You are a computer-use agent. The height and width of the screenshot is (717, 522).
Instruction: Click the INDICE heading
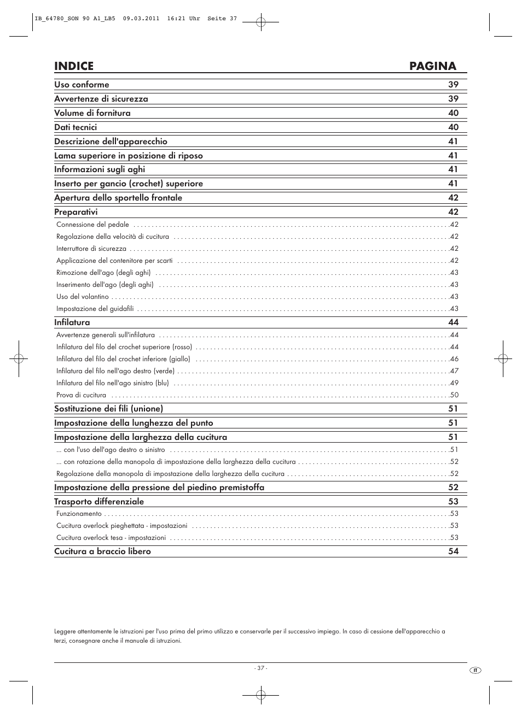tap(74, 66)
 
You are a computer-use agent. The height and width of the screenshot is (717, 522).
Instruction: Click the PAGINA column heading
tap(432, 66)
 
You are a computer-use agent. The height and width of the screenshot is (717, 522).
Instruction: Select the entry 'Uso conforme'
tap(82, 85)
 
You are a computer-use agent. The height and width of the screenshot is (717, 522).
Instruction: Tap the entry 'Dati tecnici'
tap(76, 127)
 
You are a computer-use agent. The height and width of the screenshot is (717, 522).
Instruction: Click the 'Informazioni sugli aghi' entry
tap(100, 169)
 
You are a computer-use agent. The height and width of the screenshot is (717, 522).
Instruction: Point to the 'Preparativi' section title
tap(76, 212)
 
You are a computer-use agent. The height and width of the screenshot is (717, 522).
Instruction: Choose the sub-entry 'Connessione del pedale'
tap(92, 225)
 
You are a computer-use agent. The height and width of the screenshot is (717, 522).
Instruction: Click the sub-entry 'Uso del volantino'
tap(83, 297)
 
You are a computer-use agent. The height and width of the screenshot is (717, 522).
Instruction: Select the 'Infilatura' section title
tap(72, 322)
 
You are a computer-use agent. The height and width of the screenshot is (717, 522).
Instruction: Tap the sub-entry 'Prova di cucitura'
tap(81, 395)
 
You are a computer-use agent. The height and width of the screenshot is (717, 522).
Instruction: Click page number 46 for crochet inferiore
tap(454, 359)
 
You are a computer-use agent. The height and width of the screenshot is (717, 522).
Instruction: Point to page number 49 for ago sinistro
tap(454, 383)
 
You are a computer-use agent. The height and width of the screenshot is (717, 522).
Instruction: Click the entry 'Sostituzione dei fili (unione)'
tap(108, 409)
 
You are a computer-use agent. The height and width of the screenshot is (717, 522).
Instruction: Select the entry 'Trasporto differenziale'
tap(99, 502)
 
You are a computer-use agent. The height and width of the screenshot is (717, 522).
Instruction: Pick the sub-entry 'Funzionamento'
tap(79, 514)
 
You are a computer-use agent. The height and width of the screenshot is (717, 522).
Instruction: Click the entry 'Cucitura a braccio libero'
tap(102, 551)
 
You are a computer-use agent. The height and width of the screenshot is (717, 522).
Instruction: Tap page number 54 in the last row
tap(453, 551)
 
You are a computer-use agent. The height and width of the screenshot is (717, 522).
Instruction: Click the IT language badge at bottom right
tap(475, 671)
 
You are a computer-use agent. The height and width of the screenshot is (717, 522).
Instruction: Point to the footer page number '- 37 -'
tap(260, 668)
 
